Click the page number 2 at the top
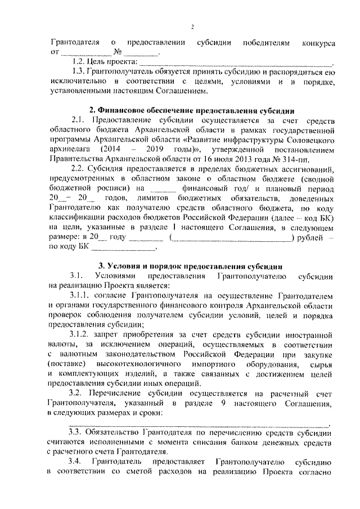click(192, 27)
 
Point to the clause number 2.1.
click(79, 120)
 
